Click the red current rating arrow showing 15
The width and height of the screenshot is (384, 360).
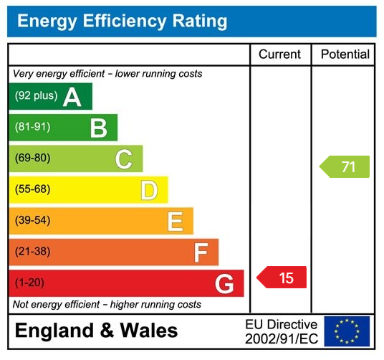[282, 278]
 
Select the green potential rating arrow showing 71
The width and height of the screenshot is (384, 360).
[345, 167]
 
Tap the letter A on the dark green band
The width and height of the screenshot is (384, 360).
[72, 97]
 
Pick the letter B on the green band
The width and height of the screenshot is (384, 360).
[98, 128]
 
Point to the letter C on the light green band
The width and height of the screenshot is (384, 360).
[124, 159]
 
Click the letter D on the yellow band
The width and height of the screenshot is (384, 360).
[149, 190]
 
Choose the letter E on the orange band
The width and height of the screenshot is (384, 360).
[175, 222]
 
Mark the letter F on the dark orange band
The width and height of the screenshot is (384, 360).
[201, 252]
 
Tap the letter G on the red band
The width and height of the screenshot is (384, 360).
[224, 284]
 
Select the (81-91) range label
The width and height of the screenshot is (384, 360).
[33, 128]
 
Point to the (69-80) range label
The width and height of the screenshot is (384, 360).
[33, 158]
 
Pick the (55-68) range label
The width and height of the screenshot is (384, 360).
[33, 190]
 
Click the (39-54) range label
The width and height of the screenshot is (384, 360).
[33, 221]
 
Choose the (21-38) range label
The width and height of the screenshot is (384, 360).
[33, 252]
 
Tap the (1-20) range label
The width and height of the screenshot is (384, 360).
[30, 283]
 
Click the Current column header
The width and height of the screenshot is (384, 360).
[280, 55]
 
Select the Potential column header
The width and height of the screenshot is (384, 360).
[345, 55]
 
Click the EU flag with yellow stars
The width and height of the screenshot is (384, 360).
[347, 331]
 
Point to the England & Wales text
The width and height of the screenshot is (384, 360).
[96, 331]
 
